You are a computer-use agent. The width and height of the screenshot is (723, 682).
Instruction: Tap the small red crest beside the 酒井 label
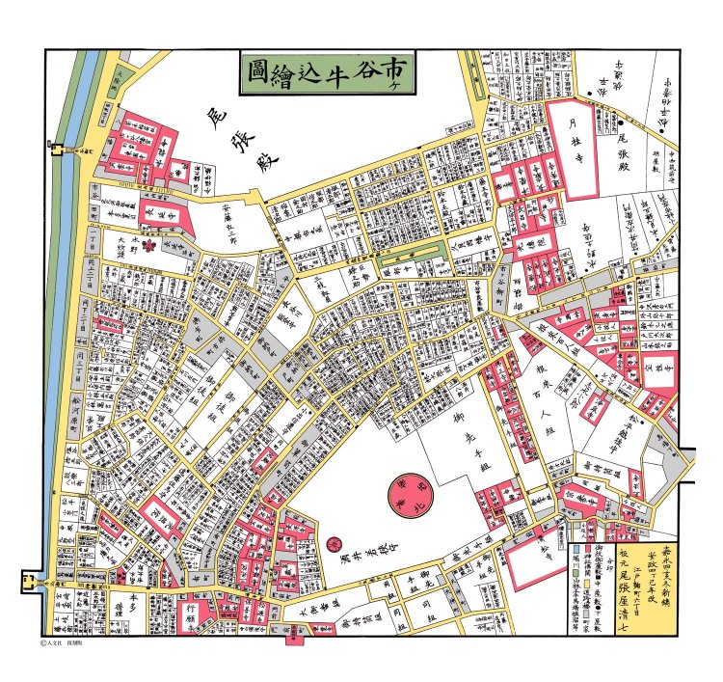(335, 548)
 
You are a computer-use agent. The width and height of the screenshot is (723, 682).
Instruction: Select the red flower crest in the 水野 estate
(149, 247)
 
